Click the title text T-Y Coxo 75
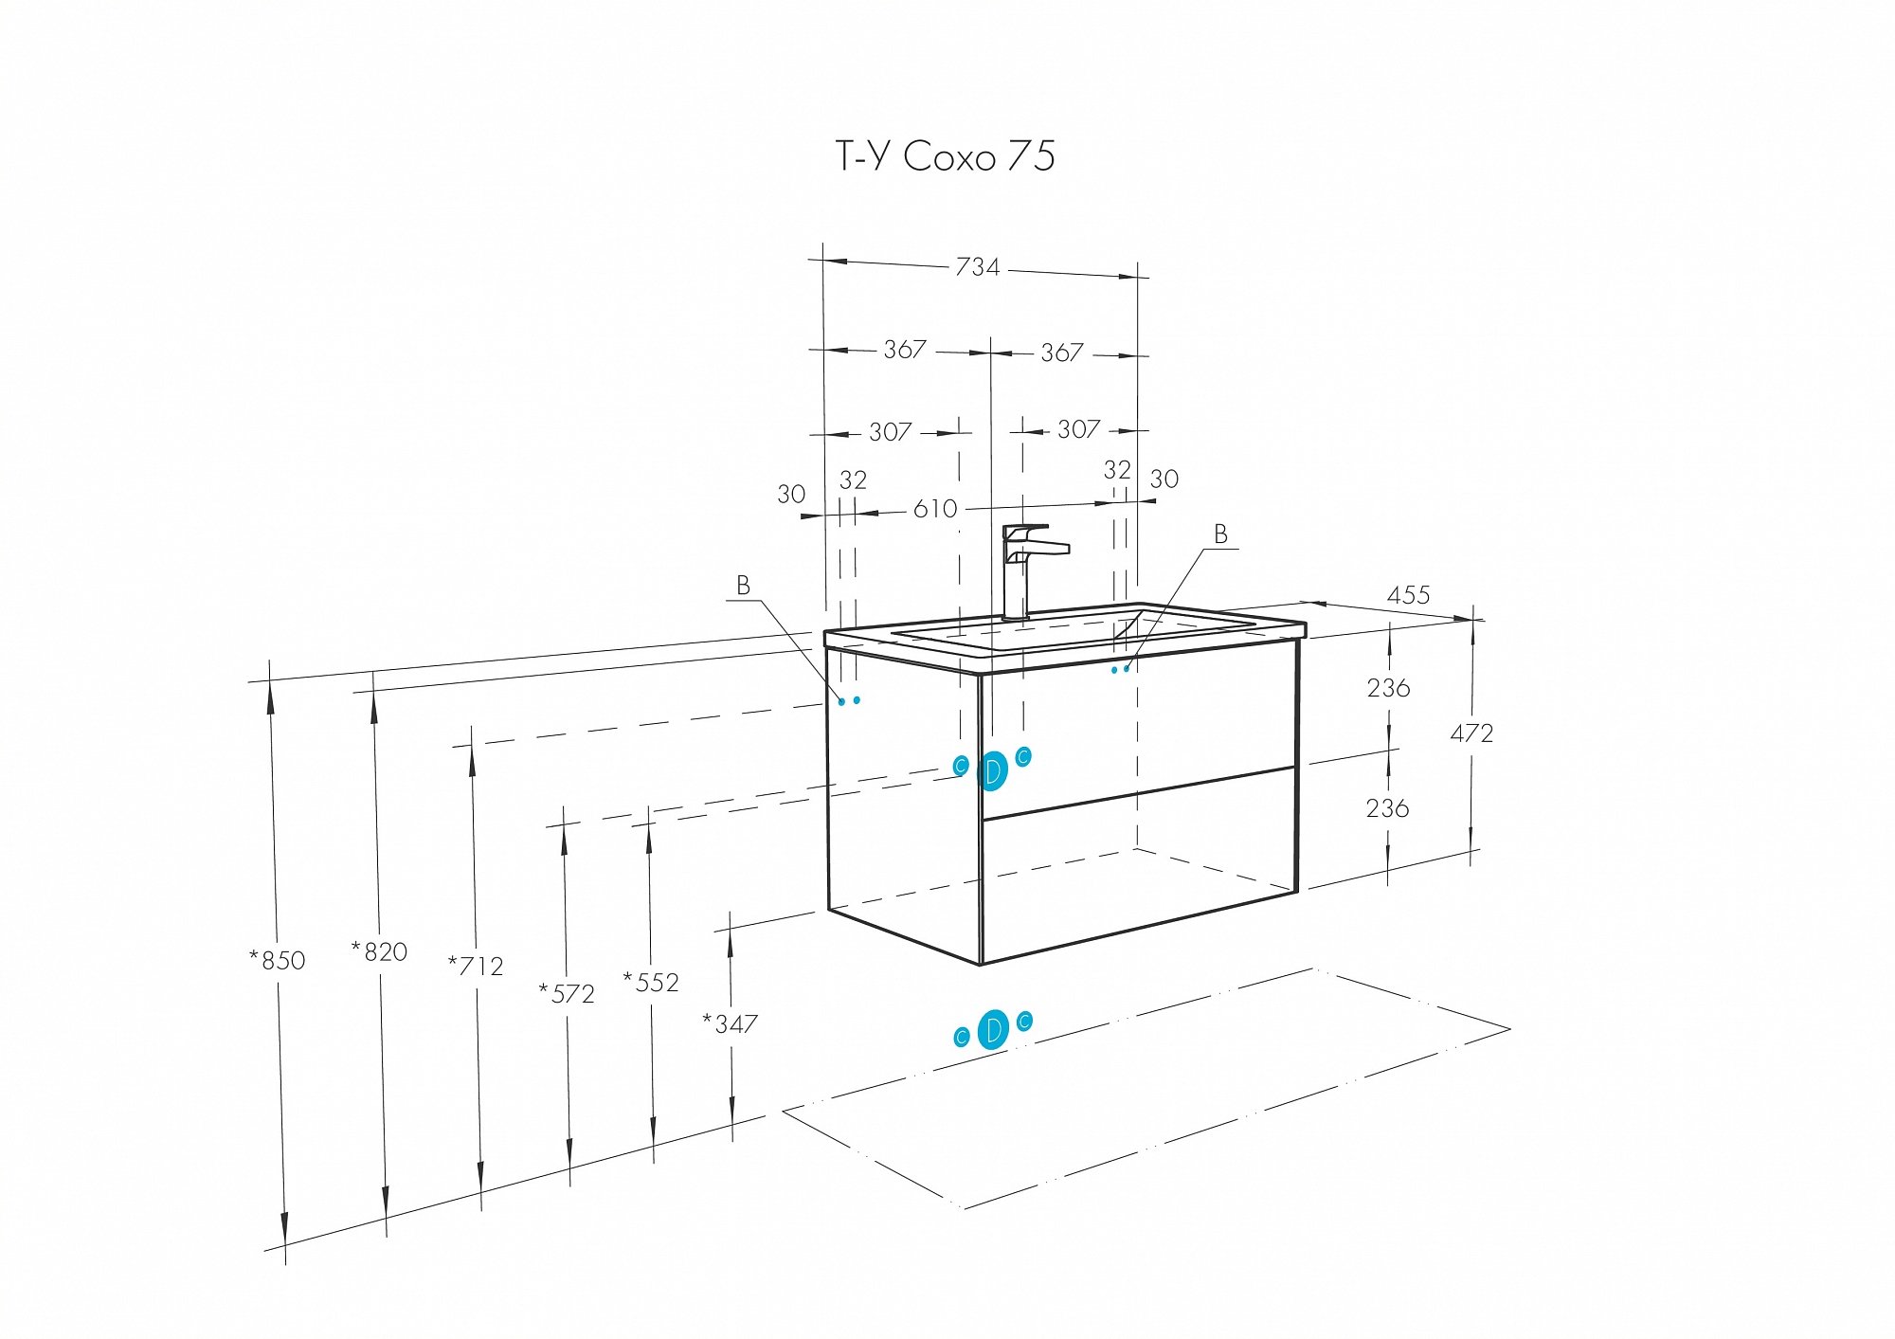pos(945,156)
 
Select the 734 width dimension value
pos(977,267)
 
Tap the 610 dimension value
pos(935,510)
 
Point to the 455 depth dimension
pos(1408,595)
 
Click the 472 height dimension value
pos(1471,733)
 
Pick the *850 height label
pos(278,960)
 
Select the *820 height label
pos(379,951)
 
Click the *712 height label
pos(476,967)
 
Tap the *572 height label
pos(567,994)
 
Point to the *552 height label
pos(651,983)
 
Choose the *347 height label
pos(730,1024)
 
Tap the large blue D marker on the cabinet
pos(992,771)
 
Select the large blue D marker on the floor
pos(992,1030)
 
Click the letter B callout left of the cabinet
pos(744,587)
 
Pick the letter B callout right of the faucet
pos(1221,535)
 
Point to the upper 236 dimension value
pos(1388,688)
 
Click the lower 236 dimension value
pos(1388,808)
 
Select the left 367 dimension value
pos(905,350)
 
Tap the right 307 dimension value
pos(1078,430)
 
